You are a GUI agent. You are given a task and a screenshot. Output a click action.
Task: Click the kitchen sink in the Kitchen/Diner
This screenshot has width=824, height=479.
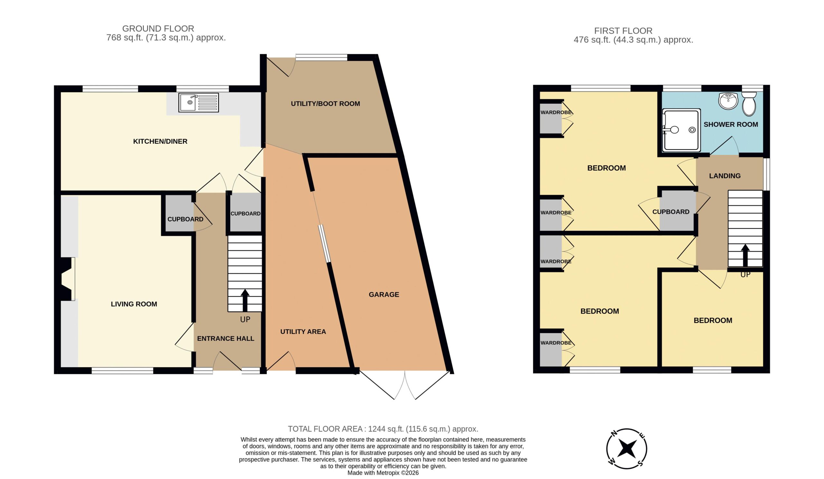tap(199, 102)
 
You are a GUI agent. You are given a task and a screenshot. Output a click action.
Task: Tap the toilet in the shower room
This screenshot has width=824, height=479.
tap(749, 104)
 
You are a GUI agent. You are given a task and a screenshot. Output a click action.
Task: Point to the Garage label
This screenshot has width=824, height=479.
tap(384, 295)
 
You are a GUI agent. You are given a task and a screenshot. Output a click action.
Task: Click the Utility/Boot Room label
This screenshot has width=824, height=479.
tap(325, 104)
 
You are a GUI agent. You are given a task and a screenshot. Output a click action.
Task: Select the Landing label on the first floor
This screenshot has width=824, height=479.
tap(725, 176)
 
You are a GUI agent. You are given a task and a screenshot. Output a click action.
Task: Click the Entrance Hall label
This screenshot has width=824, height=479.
tap(226, 338)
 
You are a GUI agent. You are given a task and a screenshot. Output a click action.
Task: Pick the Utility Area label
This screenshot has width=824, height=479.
tap(303, 332)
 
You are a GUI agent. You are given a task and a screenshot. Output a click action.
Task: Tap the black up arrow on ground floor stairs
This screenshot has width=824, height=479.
tap(245, 300)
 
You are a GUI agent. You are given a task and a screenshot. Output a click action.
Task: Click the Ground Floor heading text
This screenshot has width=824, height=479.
tap(158, 28)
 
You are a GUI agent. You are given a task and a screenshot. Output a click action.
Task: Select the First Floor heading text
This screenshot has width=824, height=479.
tap(623, 31)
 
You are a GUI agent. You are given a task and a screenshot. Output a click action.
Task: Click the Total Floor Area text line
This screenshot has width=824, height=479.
tap(383, 429)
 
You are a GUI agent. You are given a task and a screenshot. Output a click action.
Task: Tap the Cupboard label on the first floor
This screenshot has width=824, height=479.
tap(671, 212)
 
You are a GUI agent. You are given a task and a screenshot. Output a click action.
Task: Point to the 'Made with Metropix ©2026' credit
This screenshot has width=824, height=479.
tap(383, 473)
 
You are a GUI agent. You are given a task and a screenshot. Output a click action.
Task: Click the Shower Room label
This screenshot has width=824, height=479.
tap(731, 125)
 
